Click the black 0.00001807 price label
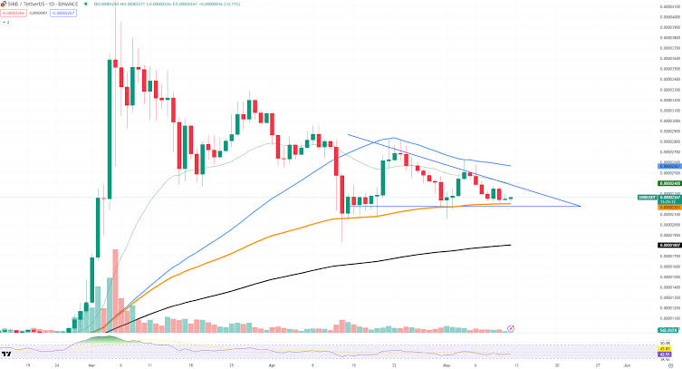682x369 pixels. coord(668,245)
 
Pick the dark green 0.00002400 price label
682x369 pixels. coord(668,183)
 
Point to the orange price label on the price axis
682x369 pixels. coord(668,206)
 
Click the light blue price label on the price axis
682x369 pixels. coord(668,167)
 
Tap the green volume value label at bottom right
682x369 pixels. coord(668,332)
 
